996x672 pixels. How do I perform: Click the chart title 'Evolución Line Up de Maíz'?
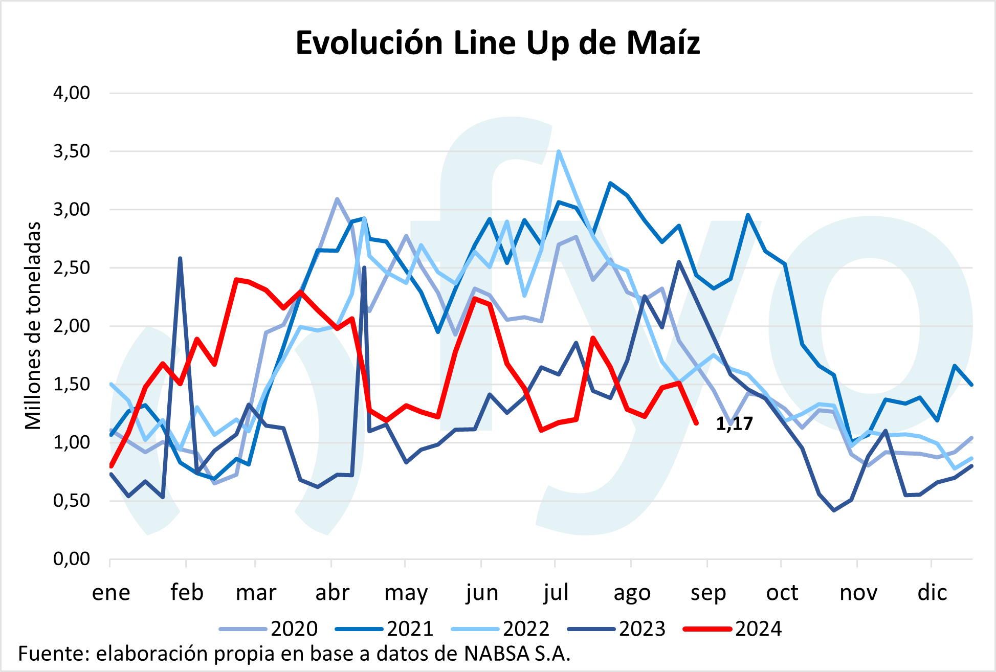tap(497, 42)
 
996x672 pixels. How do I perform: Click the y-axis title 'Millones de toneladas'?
tap(33, 326)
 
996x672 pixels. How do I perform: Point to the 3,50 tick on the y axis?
tap(72, 151)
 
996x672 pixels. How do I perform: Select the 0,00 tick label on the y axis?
tap(72, 558)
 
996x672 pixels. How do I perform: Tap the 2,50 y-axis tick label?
tap(72, 267)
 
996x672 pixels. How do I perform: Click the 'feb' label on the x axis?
tap(187, 593)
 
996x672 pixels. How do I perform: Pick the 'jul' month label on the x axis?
tap(556, 593)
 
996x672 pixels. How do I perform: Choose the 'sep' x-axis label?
tap(708, 593)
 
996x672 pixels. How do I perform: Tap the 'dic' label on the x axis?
tap(932, 593)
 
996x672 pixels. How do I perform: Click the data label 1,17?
tap(734, 423)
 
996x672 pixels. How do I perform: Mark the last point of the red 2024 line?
tap(696, 423)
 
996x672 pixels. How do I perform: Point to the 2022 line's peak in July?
tap(559, 151)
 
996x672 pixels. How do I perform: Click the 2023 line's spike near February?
tap(180, 258)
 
